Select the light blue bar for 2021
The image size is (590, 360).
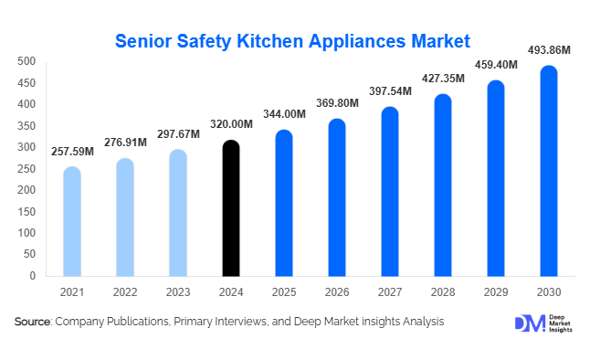pyautogui.click(x=72, y=221)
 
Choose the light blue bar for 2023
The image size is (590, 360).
pyautogui.click(x=178, y=213)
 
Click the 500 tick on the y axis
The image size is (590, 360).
pyautogui.click(x=26, y=61)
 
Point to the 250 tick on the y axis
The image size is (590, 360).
pyautogui.click(x=26, y=168)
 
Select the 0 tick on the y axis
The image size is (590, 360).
pyautogui.click(x=32, y=275)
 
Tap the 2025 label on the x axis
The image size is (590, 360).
pyautogui.click(x=284, y=292)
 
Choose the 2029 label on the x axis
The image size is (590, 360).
pyautogui.click(x=496, y=292)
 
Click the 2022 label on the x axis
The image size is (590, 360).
pyautogui.click(x=125, y=292)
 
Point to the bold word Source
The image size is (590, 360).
pyautogui.click(x=33, y=322)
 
